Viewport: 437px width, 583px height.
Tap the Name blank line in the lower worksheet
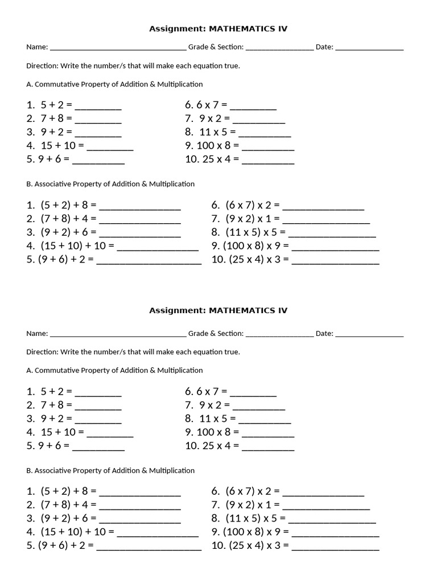(x=118, y=334)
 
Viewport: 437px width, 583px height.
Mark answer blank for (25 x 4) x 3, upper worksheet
(x=335, y=262)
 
